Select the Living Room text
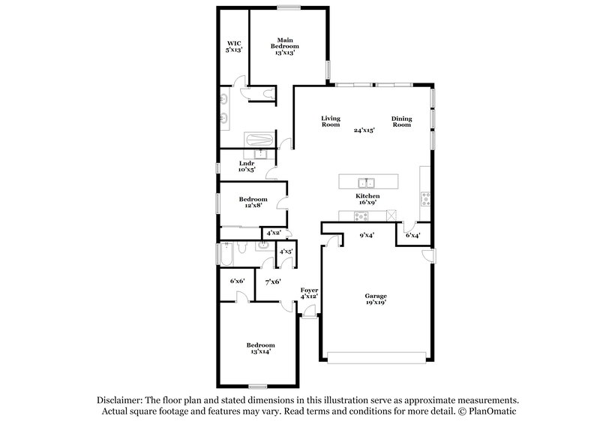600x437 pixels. tap(331, 121)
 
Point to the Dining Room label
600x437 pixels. tap(402, 121)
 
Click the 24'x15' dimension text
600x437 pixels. tap(364, 130)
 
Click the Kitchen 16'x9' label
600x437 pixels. tap(367, 199)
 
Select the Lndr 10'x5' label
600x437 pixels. tap(247, 167)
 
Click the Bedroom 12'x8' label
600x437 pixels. tap(253, 203)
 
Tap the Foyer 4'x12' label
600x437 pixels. tap(309, 293)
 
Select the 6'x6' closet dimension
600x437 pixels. tap(237, 281)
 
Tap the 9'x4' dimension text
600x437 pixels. tap(366, 235)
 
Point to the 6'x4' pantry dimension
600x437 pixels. tap(412, 235)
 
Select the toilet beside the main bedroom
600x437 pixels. tap(268, 93)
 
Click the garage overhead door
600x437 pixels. tap(376, 356)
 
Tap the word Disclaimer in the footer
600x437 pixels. tap(121, 400)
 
